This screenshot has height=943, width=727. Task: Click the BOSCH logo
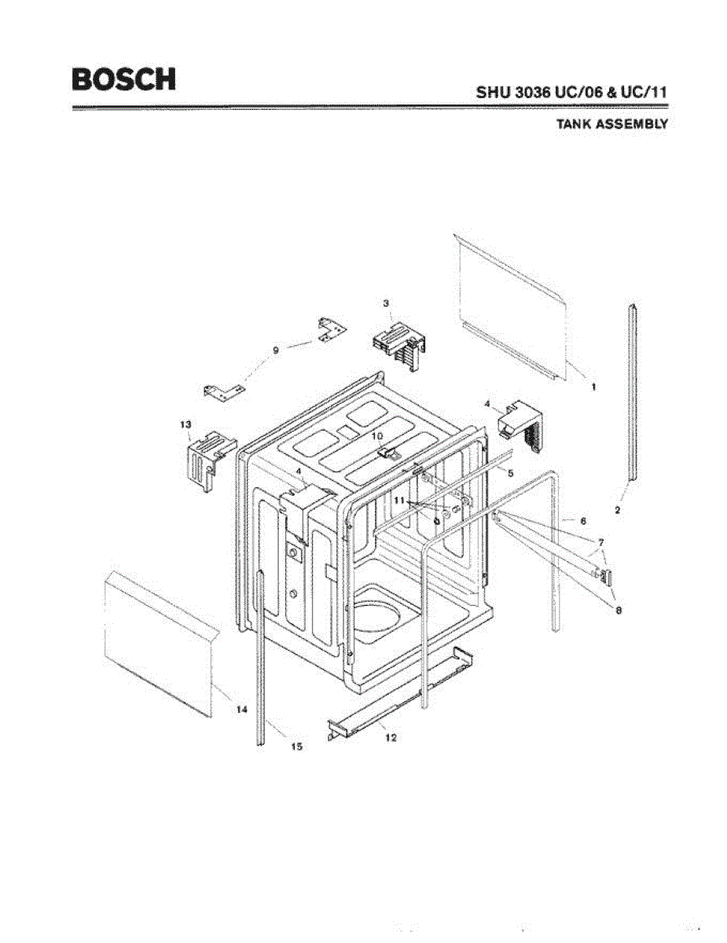click(123, 79)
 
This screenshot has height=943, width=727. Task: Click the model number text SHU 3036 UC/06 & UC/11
click(571, 91)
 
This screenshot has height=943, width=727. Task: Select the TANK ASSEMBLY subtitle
click(611, 123)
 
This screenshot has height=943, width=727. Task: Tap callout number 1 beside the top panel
click(593, 387)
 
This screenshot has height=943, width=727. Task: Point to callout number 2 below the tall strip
click(618, 510)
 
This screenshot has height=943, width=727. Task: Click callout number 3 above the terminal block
click(386, 303)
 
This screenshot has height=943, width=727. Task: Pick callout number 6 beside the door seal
click(582, 520)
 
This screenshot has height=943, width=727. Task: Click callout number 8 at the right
click(619, 611)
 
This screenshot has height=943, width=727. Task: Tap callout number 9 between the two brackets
click(275, 351)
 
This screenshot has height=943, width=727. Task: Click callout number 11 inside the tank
click(400, 500)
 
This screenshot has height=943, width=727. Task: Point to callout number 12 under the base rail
click(391, 737)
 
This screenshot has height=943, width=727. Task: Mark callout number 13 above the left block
click(186, 424)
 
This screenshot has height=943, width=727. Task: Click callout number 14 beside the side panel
click(242, 709)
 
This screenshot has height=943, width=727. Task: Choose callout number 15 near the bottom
click(296, 747)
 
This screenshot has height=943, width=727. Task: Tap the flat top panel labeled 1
click(511, 306)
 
